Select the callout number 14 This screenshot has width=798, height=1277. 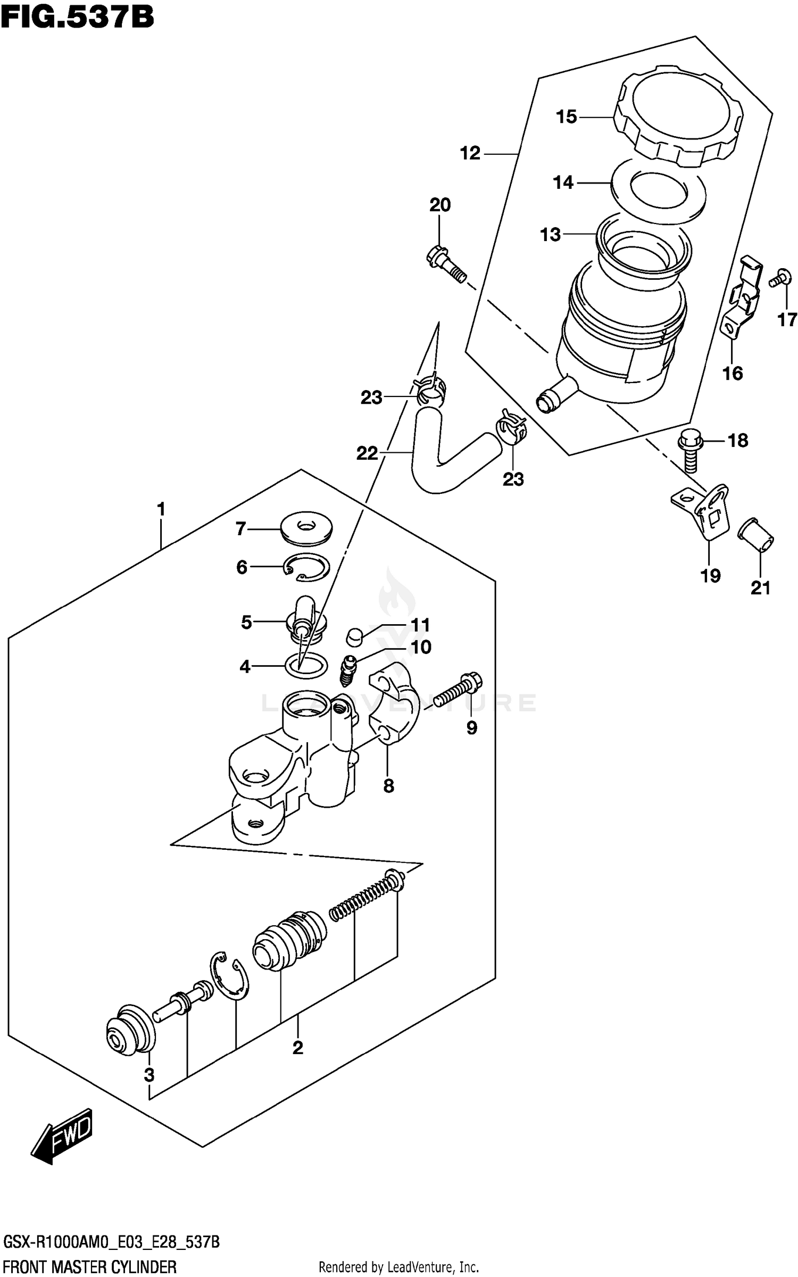pos(563,183)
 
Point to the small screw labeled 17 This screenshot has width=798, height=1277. pos(778,277)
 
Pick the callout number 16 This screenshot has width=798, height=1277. pos(732,373)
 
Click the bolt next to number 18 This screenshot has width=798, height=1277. pos(690,452)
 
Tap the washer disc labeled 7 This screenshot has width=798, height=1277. pos(306,528)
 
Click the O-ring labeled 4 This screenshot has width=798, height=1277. pos(306,665)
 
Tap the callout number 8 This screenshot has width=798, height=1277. pos(388,785)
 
